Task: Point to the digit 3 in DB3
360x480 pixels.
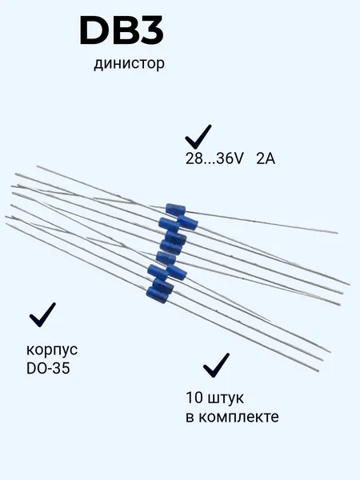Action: pos(151,31)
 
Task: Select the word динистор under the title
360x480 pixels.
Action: pos(129,64)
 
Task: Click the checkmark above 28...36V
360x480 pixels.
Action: pos(198,137)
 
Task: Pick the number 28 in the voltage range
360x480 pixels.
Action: pos(193,159)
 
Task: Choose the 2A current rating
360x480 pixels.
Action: pos(266,159)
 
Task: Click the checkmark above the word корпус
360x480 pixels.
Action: pos(42,315)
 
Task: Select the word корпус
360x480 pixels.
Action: pos(52,350)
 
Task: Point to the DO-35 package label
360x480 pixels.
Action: pos(48,368)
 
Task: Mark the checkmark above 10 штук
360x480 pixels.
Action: pos(216,366)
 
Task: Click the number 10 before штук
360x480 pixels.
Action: pos(194,398)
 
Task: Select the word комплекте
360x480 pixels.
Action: pos(238,417)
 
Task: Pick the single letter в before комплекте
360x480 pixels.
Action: pos(190,418)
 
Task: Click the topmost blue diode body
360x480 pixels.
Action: pos(175,210)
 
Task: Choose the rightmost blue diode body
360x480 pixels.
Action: pos(187,221)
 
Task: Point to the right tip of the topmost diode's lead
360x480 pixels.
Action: pos(338,233)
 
